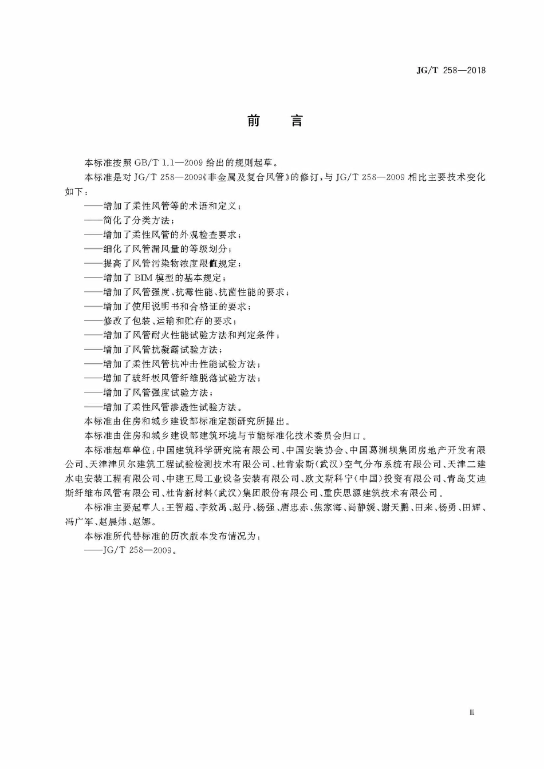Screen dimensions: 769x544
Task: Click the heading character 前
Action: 254,121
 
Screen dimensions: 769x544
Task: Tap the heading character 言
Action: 297,121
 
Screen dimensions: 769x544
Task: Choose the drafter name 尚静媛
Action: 362,508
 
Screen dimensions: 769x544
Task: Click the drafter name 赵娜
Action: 141,522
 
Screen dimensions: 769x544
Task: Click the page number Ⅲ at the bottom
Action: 472,712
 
